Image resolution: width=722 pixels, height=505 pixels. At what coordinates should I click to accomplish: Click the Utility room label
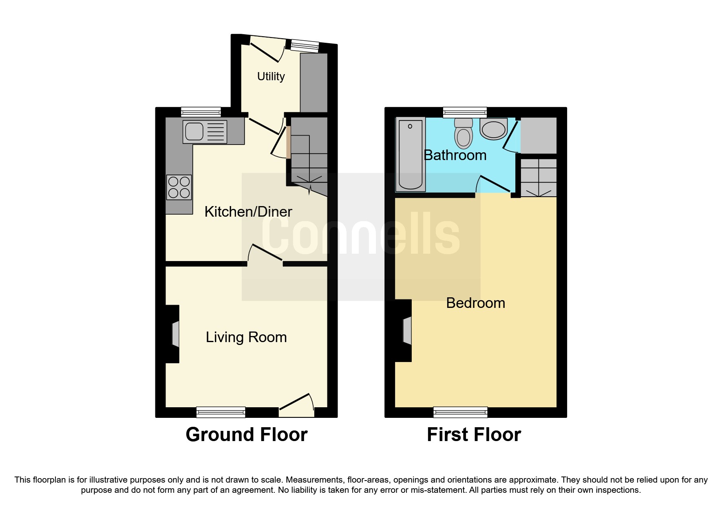coord(271,77)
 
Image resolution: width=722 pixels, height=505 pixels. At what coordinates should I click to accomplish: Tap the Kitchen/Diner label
coord(248,212)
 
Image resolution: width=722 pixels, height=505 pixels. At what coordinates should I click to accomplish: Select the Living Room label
coord(246,337)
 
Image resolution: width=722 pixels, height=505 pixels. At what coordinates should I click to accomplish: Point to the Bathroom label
coord(455,155)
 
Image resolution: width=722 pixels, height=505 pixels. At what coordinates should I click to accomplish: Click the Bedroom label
coord(475,303)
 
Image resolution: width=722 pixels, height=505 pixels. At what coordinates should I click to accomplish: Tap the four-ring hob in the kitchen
coord(179,187)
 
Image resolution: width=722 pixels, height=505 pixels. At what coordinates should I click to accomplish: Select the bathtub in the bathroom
coord(410,154)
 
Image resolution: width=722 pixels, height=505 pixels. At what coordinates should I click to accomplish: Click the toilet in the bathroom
coord(464,133)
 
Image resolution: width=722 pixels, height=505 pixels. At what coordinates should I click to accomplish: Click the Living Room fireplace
coord(174,334)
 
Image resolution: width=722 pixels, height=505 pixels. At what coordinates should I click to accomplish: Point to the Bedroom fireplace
coord(406,331)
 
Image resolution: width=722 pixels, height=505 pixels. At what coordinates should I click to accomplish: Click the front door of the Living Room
coord(297,406)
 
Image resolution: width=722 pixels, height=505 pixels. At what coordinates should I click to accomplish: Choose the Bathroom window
coord(465,112)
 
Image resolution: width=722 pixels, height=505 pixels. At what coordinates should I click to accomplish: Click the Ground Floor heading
coord(246,435)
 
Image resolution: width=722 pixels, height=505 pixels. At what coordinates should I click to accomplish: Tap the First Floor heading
coord(474,435)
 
